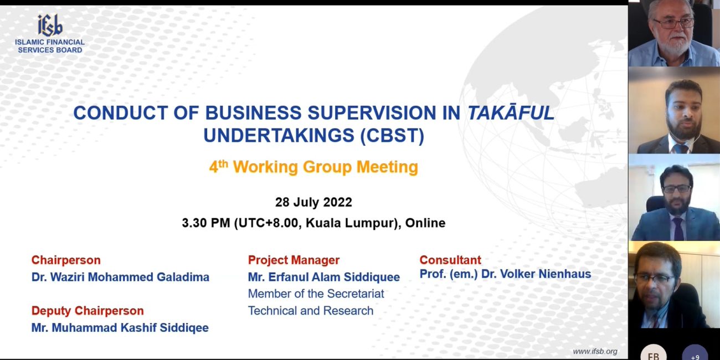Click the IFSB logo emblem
coord(50,25)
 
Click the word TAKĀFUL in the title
coord(511,113)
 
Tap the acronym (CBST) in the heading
coord(392,136)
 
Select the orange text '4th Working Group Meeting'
coord(313,167)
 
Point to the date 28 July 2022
coord(313,202)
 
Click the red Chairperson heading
coord(66,260)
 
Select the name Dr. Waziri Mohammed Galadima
coord(120,277)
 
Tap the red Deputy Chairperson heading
coord(88,311)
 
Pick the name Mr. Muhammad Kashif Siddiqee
coord(120,327)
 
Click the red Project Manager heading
coord(294,260)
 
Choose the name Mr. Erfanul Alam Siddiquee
coord(323,277)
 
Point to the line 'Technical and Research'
coord(311,311)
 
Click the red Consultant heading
coord(450,260)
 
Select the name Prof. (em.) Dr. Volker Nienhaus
coord(505,274)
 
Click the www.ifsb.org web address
coord(595,351)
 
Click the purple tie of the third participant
coord(678,228)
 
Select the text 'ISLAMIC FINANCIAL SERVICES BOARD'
coord(50,46)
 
